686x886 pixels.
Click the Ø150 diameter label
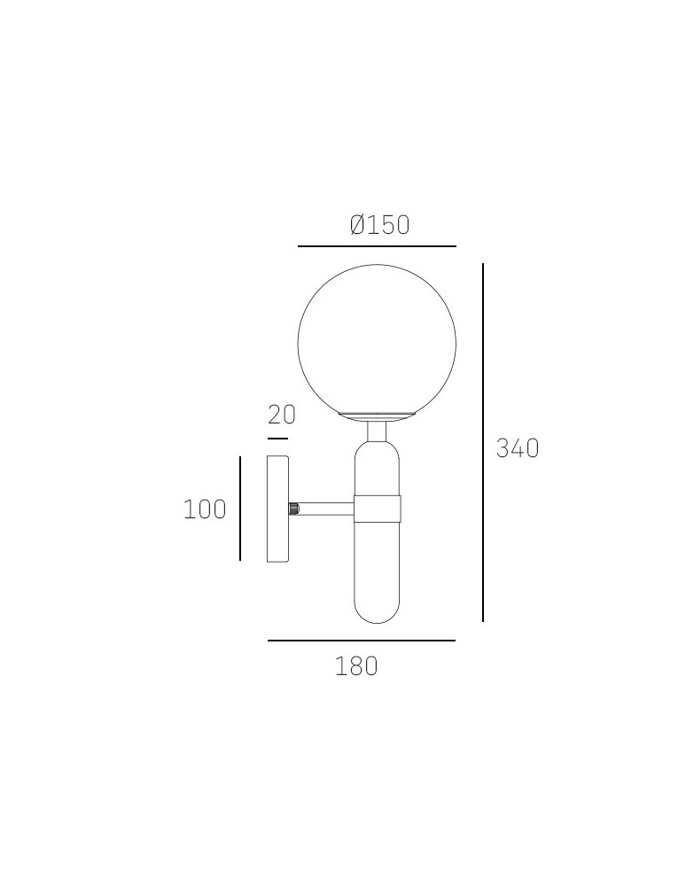point(379,225)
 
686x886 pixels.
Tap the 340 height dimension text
point(518,448)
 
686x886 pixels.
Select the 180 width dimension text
point(356,666)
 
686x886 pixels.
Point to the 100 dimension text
point(205,509)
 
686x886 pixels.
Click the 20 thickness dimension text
point(282,415)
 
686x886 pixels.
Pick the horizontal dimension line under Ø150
point(377,246)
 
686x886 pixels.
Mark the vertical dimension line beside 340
point(482,442)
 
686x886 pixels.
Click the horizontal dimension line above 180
point(362,641)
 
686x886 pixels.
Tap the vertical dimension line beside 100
point(239,509)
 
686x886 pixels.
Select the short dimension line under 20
point(277,438)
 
